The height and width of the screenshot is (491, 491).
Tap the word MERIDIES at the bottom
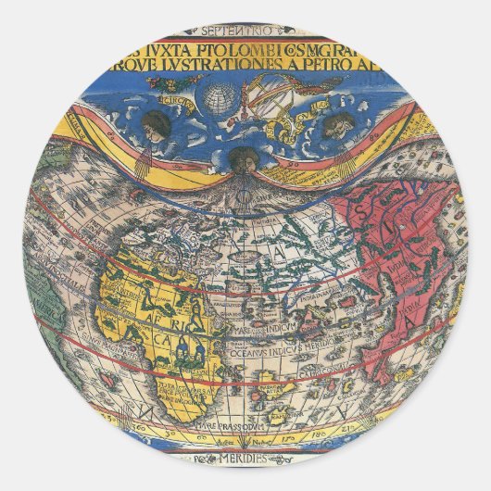pyautogui.click(x=245, y=459)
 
